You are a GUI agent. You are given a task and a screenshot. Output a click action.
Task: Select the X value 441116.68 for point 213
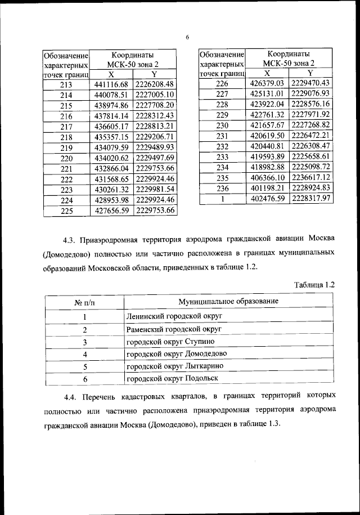[x=111, y=84]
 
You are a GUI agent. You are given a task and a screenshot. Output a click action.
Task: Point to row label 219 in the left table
[x=66, y=147]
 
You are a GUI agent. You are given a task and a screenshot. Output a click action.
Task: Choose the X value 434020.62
[x=111, y=158]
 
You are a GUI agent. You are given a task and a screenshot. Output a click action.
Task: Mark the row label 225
[x=66, y=211]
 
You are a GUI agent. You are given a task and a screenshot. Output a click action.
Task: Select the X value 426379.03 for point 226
[x=267, y=83]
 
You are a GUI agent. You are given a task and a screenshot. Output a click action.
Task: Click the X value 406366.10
[x=267, y=177]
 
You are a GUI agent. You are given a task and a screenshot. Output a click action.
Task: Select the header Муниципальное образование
[x=228, y=302]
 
